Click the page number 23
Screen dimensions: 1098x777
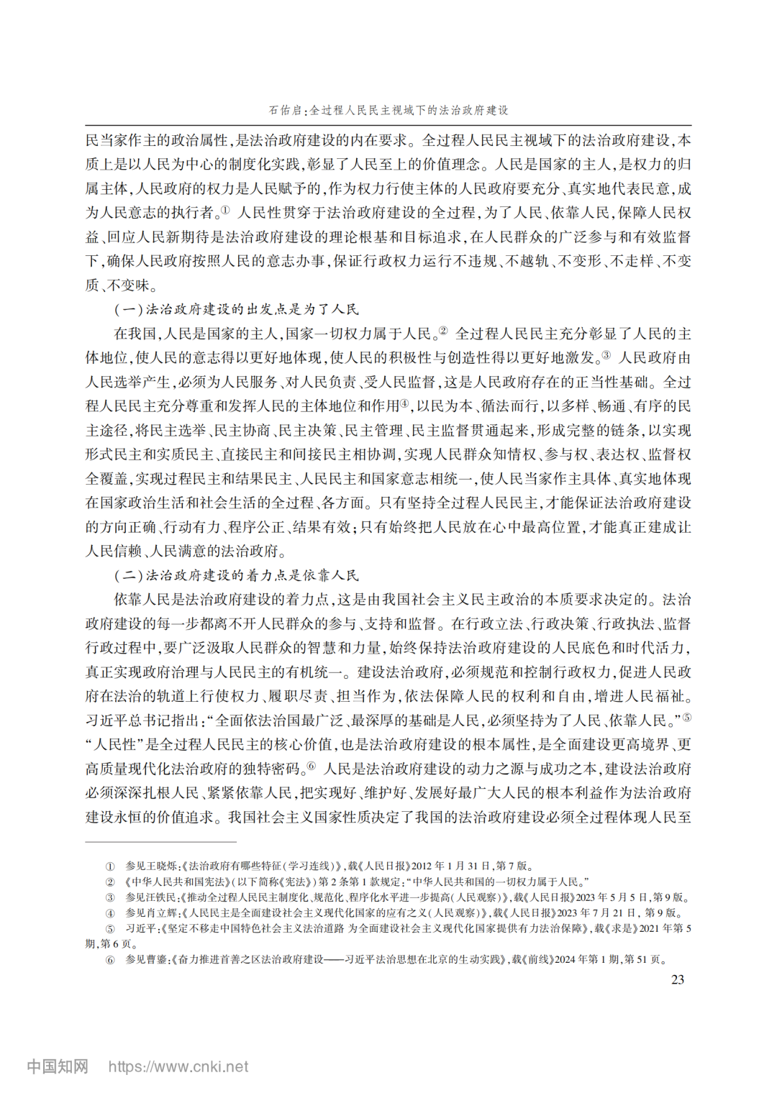[x=677, y=979]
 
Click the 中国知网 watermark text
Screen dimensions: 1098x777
[x=58, y=1066]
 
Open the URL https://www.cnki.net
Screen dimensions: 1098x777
[x=178, y=1066]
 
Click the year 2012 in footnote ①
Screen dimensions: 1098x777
[x=422, y=866]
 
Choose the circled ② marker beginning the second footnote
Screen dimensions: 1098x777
[x=110, y=882]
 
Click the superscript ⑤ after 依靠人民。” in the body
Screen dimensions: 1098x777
[x=687, y=717]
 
